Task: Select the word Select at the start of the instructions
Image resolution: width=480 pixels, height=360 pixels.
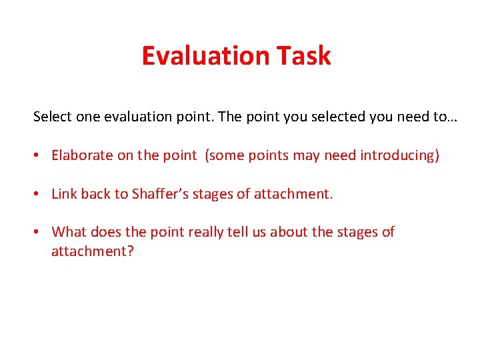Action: pos(52,117)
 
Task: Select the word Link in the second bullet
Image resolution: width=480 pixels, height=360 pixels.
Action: pos(64,194)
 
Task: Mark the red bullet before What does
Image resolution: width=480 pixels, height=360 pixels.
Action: pos(38,233)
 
